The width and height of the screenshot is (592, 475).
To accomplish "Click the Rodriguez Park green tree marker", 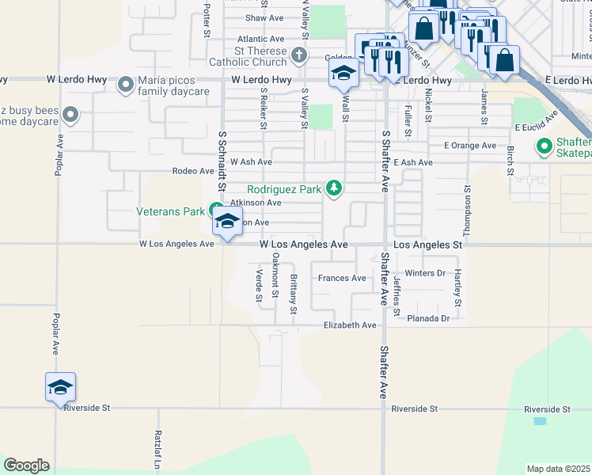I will coord(335,188).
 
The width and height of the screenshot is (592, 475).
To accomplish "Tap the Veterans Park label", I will coord(169,211).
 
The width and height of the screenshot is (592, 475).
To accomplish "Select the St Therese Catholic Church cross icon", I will coord(298,55).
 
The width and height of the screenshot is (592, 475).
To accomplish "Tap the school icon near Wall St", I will coord(343,74).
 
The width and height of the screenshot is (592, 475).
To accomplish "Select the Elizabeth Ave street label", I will coord(350,325).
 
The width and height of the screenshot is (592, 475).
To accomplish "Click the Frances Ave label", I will coord(342,278).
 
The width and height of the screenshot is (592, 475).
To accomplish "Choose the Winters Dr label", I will coord(426,274).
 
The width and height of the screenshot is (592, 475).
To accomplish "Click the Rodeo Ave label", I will coord(194,171).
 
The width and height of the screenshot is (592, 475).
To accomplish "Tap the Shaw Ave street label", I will coord(264,17).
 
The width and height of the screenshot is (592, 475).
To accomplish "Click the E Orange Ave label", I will coord(470,146).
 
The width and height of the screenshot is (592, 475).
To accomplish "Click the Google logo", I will coord(26,465).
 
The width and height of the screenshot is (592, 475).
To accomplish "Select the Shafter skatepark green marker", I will coord(544,146).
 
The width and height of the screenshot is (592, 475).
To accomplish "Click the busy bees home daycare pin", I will coord(70,116).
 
